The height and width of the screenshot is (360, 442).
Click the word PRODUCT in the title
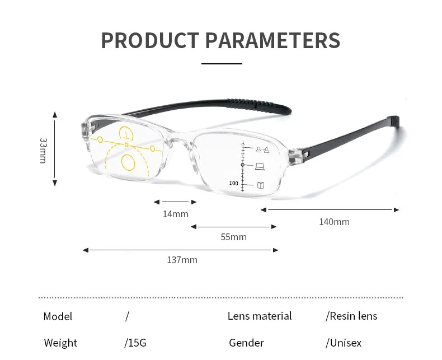pyautogui.click(x=149, y=40)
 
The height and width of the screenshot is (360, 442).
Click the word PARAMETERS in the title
pyautogui.click(x=272, y=40)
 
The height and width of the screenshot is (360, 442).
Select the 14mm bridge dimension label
pyautogui.click(x=176, y=214)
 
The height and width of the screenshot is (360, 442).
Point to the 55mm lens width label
pyautogui.click(x=233, y=237)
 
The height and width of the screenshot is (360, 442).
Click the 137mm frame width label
pyautogui.click(x=182, y=260)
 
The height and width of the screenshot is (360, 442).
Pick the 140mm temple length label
pyautogui.click(x=334, y=222)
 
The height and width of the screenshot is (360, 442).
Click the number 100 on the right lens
pyautogui.click(x=233, y=184)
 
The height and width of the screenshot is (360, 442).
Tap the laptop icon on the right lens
pyautogui.click(x=260, y=166)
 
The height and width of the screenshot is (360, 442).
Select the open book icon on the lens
pyautogui.click(x=261, y=185)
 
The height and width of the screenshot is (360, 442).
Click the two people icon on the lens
pyautogui.click(x=262, y=149)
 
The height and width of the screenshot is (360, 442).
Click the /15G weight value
pyautogui.click(x=135, y=343)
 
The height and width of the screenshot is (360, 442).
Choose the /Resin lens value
pyautogui.click(x=351, y=316)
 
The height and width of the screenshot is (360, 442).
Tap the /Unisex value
pyautogui.click(x=344, y=343)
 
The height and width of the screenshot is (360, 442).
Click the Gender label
pyautogui.click(x=246, y=343)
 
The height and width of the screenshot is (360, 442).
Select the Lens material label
pyautogui.click(x=260, y=316)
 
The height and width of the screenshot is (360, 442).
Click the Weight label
pyautogui.click(x=60, y=343)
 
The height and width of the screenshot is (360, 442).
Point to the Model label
pyautogui.click(x=58, y=316)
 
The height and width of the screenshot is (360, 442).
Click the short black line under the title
pyautogui.click(x=222, y=64)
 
